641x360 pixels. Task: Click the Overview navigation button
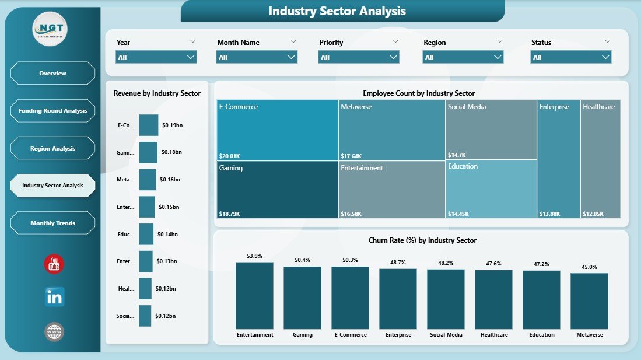point(52,74)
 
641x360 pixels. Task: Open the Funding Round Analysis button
point(52,111)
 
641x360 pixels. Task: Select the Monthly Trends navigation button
point(52,223)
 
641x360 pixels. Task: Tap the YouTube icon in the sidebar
point(54,264)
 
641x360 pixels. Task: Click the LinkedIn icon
point(54,297)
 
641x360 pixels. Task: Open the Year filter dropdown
point(156,57)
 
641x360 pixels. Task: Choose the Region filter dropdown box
point(463,57)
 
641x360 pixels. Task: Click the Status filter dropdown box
point(570,57)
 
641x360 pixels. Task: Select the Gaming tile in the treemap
point(277,189)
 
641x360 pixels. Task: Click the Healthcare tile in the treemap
point(601,159)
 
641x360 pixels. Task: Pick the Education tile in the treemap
point(491,188)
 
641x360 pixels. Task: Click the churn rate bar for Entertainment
point(254,296)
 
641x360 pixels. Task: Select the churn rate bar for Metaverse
point(589,301)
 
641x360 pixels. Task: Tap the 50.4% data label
point(302,260)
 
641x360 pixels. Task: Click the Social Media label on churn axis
point(446,335)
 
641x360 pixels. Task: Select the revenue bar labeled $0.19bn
point(148,125)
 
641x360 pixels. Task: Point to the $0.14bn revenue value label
point(167,234)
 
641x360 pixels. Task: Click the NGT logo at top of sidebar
point(50,29)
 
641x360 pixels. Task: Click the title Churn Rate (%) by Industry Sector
point(422,240)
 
